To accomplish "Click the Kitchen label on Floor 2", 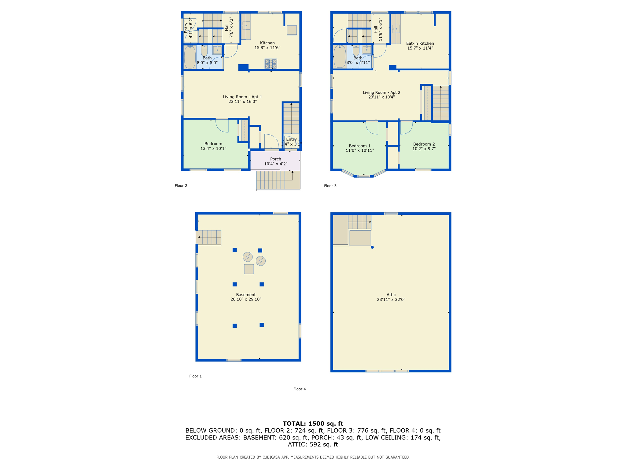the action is [267, 43].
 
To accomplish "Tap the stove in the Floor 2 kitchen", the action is [271, 64].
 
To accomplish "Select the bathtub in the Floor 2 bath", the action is [190, 57].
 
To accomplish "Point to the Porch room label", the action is [275, 159].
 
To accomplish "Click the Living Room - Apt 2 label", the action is [381, 92].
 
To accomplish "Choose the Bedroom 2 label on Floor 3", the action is [424, 144].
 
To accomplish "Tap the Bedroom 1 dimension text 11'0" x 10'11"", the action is [360, 151].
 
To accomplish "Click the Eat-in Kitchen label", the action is [420, 43].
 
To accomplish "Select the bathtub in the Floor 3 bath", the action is [340, 57].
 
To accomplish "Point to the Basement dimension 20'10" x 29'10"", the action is [246, 299].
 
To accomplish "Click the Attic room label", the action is [391, 295].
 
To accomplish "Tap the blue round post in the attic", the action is [372, 247].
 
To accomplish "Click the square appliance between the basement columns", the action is [249, 269].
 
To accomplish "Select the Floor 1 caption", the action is [195, 376].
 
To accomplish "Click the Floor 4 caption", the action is [300, 389].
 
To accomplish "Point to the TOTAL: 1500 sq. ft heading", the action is [313, 423].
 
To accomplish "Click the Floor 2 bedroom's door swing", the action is [222, 126].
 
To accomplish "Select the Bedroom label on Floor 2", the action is [213, 144].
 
